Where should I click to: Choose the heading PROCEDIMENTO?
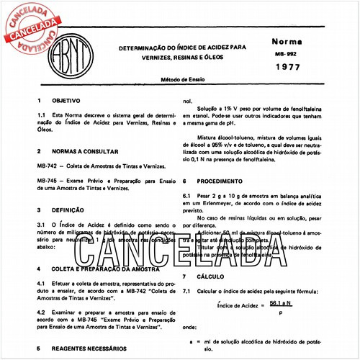(x=223, y=181)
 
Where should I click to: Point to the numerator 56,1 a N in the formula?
(x=272, y=305)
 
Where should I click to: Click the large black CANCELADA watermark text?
(x=180, y=248)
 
